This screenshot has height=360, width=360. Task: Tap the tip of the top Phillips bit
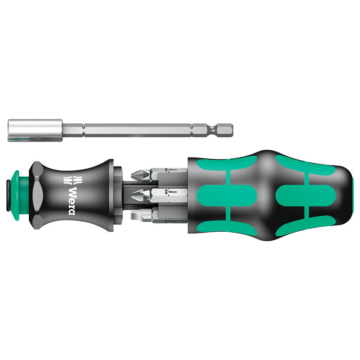point(135,173)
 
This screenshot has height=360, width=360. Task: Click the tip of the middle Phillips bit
point(135,195)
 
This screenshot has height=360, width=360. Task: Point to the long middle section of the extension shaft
point(135,129)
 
